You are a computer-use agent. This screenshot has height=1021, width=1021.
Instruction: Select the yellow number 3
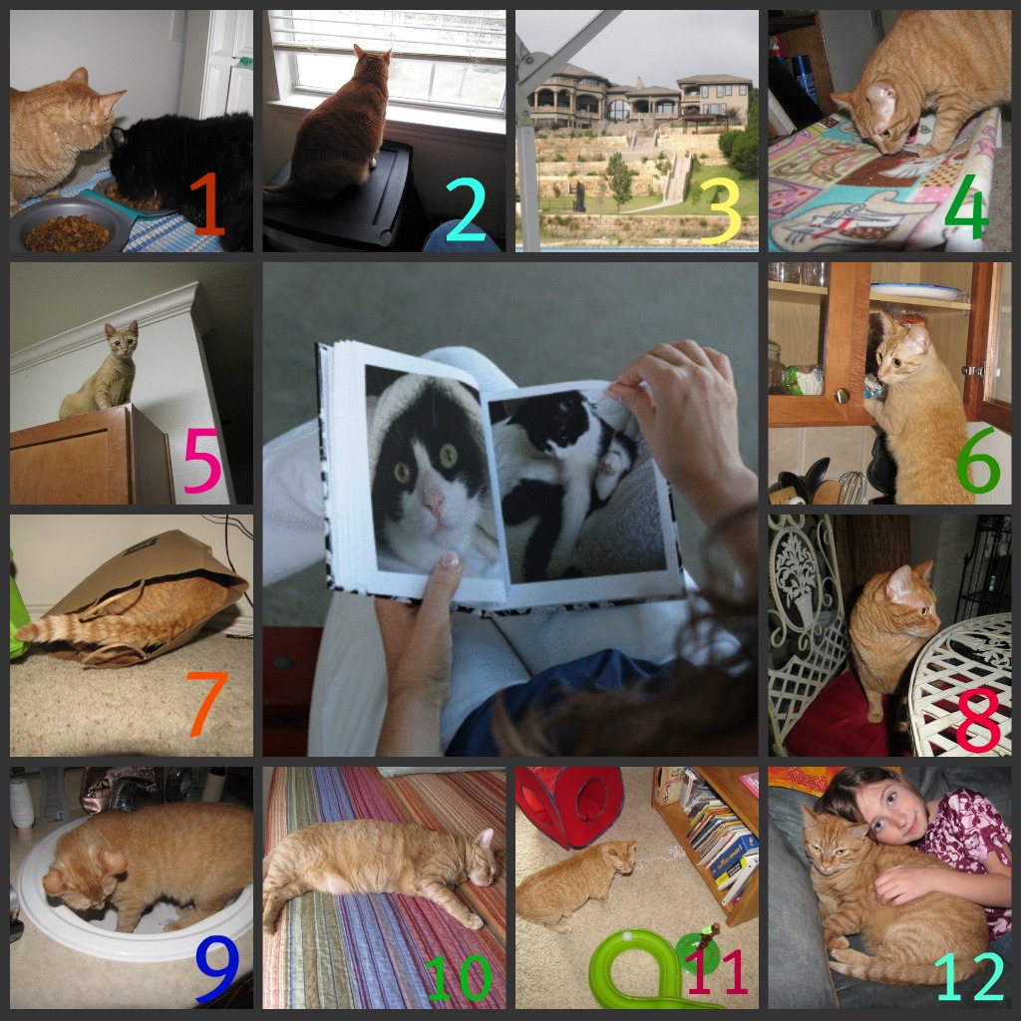tap(721, 210)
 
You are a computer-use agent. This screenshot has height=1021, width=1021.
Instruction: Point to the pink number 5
tap(201, 461)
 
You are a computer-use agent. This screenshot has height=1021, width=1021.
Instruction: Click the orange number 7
tap(207, 703)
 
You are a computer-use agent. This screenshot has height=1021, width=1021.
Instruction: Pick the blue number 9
tap(217, 969)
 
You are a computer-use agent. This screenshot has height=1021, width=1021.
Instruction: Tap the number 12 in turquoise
tap(970, 976)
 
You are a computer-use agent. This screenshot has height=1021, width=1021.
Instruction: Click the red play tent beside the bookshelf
tap(570, 806)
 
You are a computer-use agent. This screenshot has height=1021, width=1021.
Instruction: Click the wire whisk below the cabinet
tap(852, 488)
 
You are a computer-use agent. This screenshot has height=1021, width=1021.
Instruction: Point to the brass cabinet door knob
tap(842, 395)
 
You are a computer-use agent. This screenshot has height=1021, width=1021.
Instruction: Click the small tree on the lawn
tap(619, 179)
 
